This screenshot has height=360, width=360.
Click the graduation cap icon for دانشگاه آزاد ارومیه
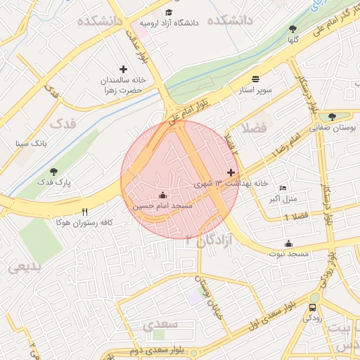click(168, 12)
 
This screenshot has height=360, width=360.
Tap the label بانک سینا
click(32, 143)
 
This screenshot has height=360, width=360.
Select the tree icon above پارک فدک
click(53, 171)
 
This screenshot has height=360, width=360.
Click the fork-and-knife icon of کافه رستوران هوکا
click(85, 211)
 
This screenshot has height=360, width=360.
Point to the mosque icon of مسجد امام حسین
click(162, 195)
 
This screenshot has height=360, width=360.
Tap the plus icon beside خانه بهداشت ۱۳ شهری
click(231, 172)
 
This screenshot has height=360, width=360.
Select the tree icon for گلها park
click(292, 29)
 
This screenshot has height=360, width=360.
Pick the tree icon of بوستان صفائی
click(332, 117)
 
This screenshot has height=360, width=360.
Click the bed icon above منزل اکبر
click(283, 188)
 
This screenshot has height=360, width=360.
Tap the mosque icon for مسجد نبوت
click(288, 243)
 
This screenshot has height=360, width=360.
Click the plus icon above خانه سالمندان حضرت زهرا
click(124, 69)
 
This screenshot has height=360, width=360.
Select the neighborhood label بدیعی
click(26, 267)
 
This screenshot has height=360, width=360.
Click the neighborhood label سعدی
click(162, 325)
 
